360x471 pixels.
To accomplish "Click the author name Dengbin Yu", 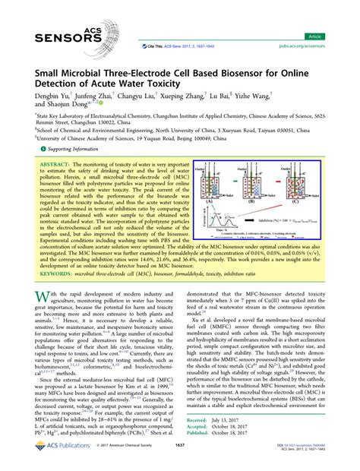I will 49,96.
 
